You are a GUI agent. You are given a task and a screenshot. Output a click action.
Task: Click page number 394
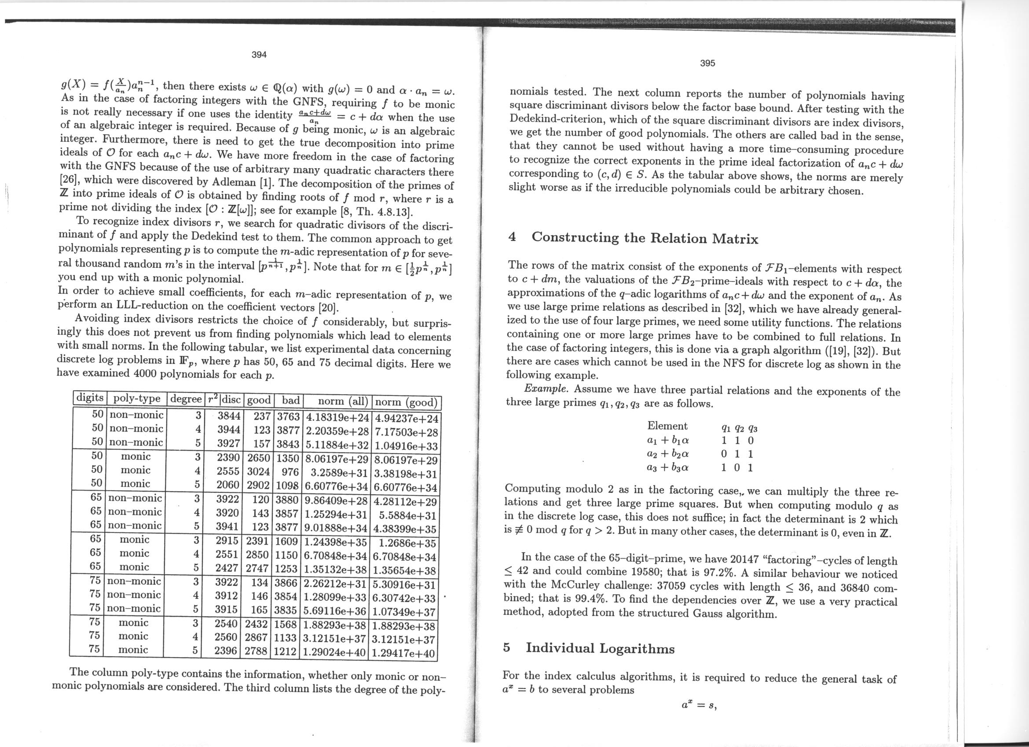(259, 55)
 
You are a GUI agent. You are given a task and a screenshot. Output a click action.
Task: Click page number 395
(707, 63)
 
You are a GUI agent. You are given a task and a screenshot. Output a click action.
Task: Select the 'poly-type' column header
(136, 398)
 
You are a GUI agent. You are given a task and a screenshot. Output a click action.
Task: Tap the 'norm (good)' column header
(406, 402)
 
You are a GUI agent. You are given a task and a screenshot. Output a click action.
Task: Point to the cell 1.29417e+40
(403, 654)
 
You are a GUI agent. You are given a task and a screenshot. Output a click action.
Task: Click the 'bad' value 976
(289, 471)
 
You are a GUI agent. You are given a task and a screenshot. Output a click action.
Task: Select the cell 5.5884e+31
(407, 516)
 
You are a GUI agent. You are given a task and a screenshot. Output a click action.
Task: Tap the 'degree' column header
(186, 399)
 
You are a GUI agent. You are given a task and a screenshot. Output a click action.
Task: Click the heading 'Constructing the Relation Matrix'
(644, 238)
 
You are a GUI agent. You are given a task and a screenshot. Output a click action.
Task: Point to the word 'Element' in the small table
(667, 425)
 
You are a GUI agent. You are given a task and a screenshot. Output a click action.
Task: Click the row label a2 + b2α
(667, 453)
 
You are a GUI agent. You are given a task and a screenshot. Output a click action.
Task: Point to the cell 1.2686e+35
(407, 543)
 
